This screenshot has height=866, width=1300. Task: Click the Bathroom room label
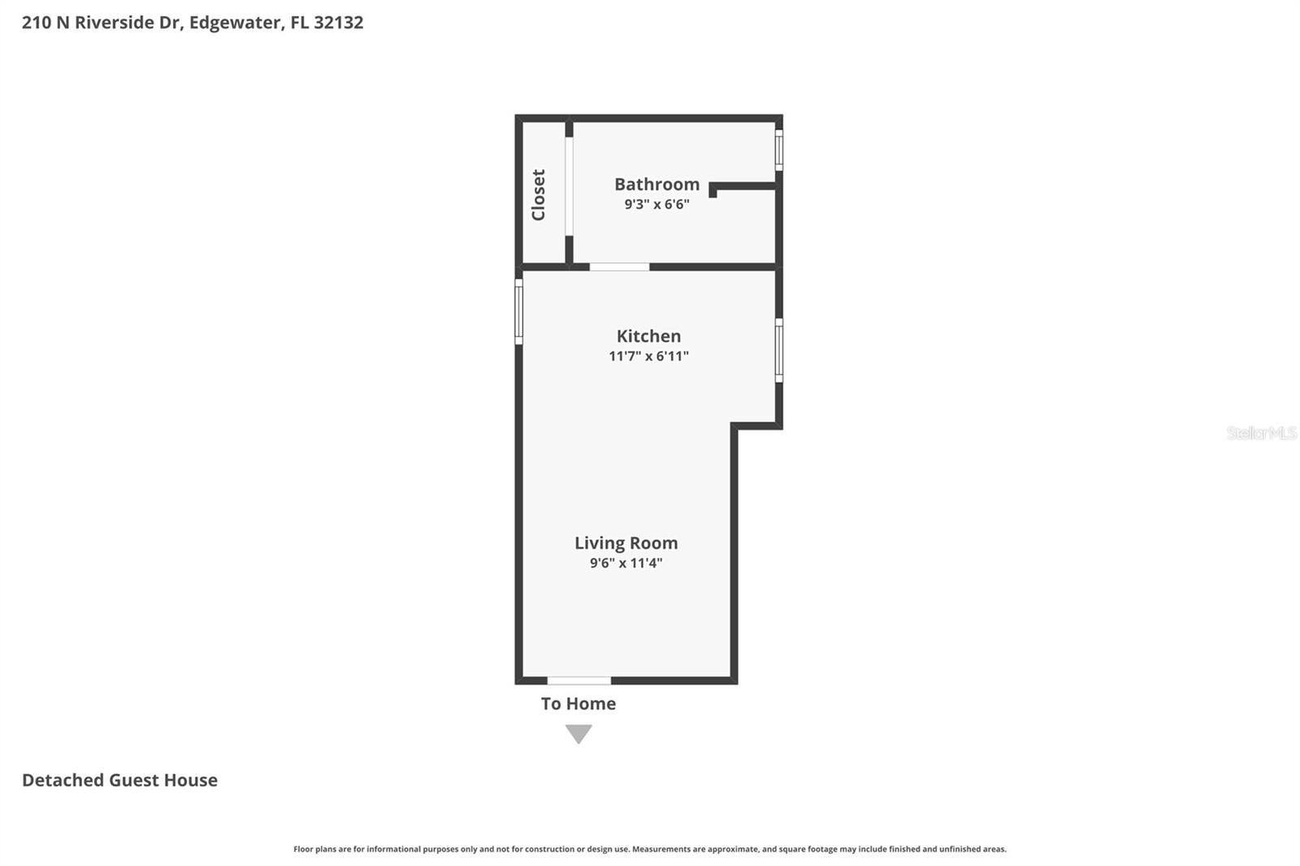[656, 184]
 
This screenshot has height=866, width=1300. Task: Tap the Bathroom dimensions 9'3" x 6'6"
[656, 204]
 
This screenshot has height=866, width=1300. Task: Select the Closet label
[539, 195]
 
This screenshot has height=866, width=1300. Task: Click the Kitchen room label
[648, 336]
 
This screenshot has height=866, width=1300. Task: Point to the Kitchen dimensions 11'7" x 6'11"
[648, 356]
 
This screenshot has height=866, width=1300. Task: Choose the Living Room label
[626, 543]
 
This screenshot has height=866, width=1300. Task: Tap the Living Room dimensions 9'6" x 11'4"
[626, 563]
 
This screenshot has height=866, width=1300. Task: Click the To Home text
[578, 704]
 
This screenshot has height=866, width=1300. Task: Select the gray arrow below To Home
[578, 734]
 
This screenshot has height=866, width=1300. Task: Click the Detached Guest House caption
[119, 780]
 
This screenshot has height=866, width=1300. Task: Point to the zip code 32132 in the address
[338, 22]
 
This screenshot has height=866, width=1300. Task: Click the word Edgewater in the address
[235, 22]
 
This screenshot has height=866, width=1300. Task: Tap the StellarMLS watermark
[1261, 433]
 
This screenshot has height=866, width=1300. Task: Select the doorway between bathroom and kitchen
[619, 266]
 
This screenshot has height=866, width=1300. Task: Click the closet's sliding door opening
[569, 186]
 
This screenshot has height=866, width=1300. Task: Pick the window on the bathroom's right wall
[778, 150]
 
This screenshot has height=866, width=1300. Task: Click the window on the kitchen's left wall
[518, 312]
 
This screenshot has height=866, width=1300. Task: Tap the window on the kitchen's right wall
[778, 350]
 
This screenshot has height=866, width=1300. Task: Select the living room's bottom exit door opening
[578, 680]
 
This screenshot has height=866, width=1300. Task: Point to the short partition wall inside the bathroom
[743, 187]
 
